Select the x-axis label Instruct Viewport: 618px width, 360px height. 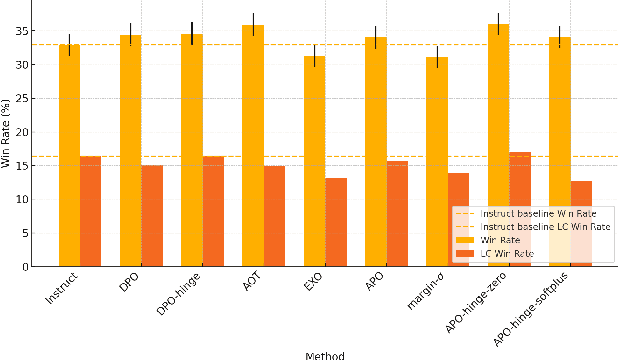(x=61, y=294)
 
